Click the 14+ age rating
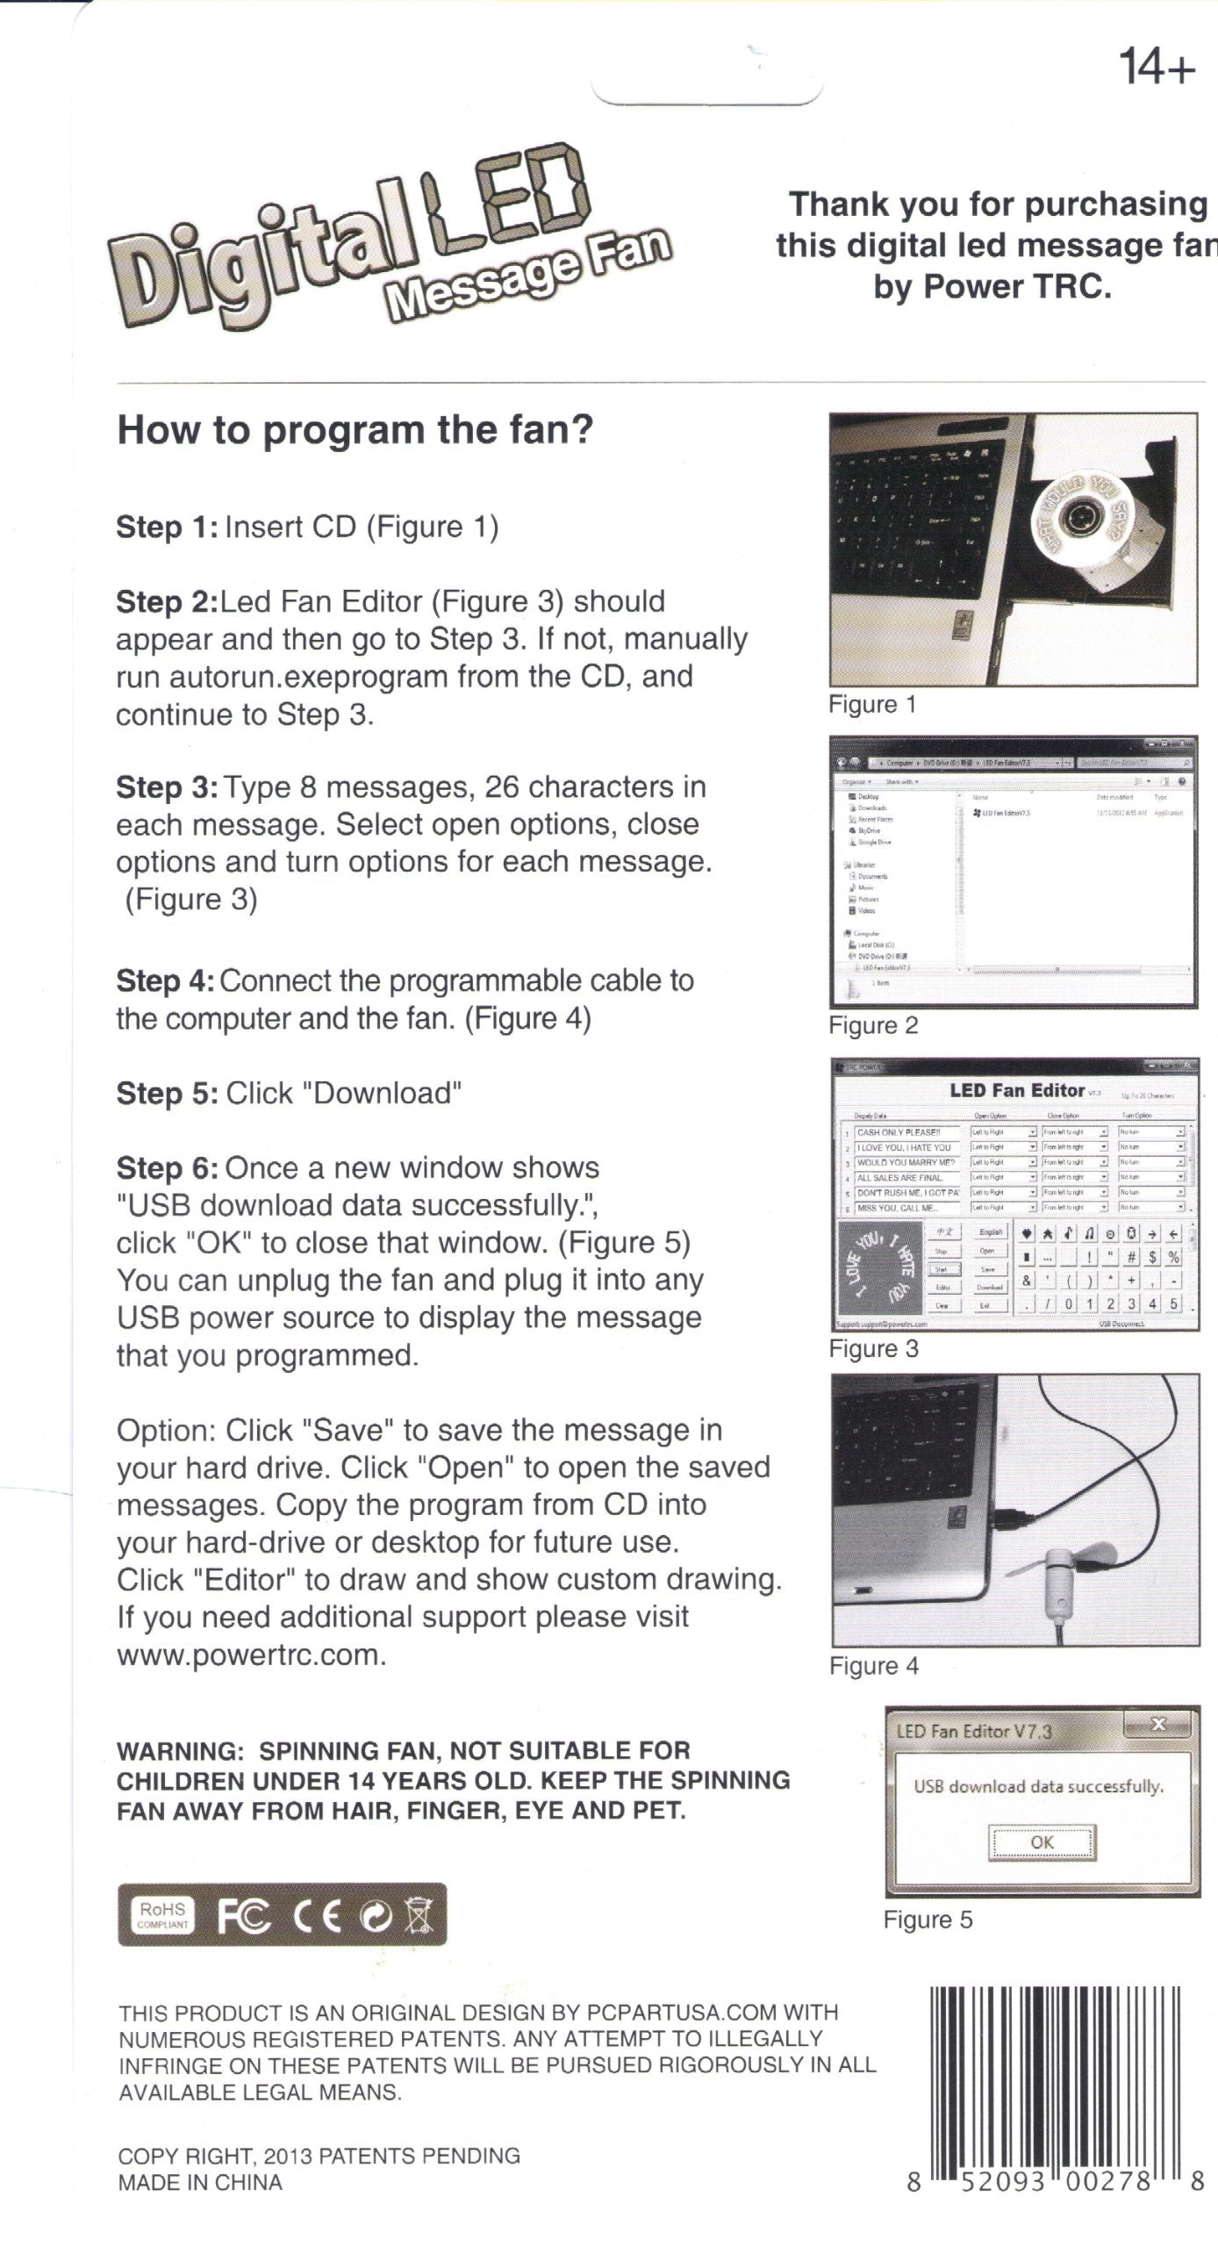coord(1157,68)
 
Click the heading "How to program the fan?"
coord(355,430)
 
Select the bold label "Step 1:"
coord(167,528)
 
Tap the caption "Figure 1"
coord(872,705)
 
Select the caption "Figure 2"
coord(873,1025)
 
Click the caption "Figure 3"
coord(873,1349)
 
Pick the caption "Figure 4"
coord(874,1666)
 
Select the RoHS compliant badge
coord(163,1914)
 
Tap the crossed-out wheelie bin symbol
coord(420,1914)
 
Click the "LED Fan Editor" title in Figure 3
coord(1016,1091)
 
